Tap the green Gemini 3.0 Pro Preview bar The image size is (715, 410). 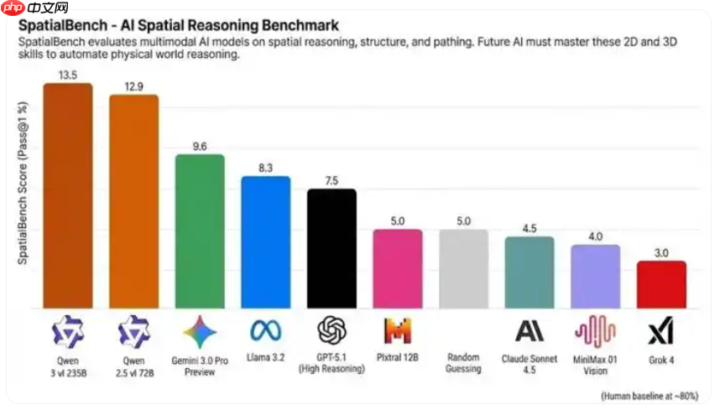tap(200, 231)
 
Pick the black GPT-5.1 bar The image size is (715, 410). tap(331, 248)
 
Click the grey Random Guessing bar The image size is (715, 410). tap(463, 268)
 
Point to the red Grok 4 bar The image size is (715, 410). tap(661, 284)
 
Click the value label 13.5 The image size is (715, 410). tap(68, 74)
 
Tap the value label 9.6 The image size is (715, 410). tap(200, 146)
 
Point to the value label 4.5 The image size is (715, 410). tap(530, 228)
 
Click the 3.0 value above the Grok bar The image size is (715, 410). tap(661, 252)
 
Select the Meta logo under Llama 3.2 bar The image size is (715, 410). tap(265, 331)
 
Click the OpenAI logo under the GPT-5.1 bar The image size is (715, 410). tap(331, 331)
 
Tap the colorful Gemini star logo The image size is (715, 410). tap(200, 332)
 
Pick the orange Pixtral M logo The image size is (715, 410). tap(397, 331)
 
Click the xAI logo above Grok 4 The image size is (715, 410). tap(660, 332)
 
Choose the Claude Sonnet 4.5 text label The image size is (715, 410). tap(530, 362)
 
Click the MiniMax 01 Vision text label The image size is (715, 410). tap(596, 362)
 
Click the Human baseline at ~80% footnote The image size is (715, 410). tap(650, 394)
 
